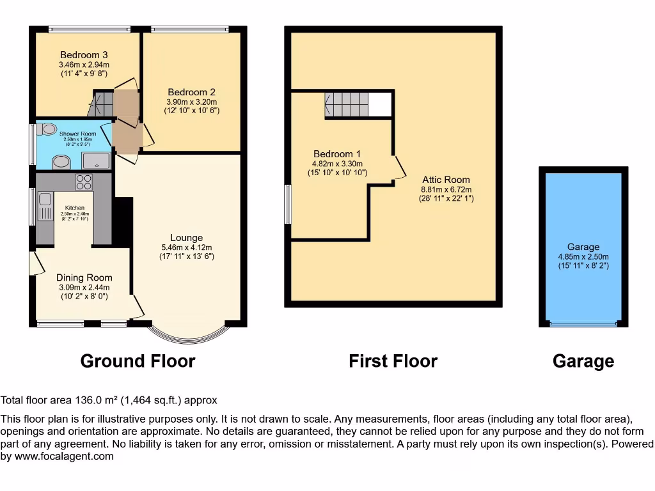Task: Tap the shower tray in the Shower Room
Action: point(96,161)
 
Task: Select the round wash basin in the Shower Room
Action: point(61,163)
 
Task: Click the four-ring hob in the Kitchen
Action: point(84,182)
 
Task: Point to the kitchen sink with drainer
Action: point(45,207)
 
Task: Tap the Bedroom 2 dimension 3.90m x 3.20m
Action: point(192,102)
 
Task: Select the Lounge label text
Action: point(186,238)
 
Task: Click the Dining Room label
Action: point(84,277)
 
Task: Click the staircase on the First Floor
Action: point(347,104)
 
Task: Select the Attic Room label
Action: point(446,180)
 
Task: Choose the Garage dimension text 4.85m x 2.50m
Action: point(583,257)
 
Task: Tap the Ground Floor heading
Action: point(138,361)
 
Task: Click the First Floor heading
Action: point(393,361)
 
